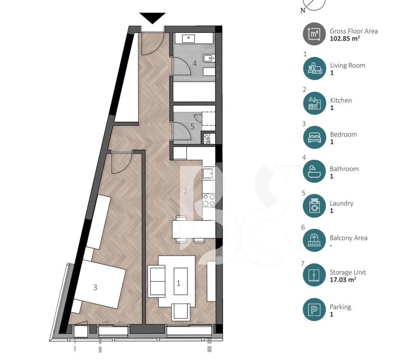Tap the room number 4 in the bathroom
coord(194,63)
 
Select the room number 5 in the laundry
coord(192,127)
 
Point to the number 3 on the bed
coord(95,288)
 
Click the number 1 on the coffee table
coord(178,283)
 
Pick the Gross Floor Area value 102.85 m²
coord(345,38)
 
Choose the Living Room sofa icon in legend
coord(314,69)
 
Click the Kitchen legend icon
coord(314,103)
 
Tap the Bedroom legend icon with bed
coord(314,138)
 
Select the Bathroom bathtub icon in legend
coord(314,172)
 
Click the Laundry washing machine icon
coord(314,206)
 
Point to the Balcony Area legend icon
coord(314,241)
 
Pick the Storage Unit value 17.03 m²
coord(342,279)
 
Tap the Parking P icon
coord(314,310)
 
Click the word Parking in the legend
coord(340,307)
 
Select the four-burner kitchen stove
coord(209,200)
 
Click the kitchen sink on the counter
coord(208,173)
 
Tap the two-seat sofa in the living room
coord(157,281)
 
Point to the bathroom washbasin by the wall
coord(209,58)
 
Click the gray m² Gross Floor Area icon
coord(314,34)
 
